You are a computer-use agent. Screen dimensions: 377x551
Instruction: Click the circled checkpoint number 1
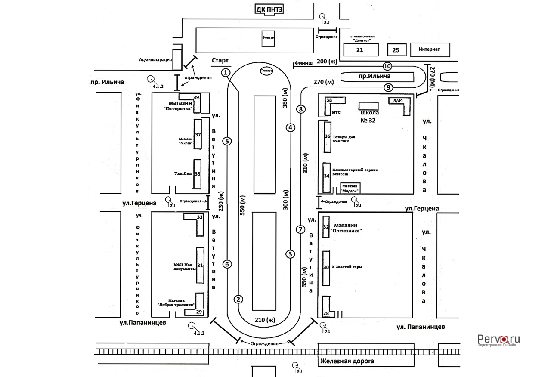pos(226,72)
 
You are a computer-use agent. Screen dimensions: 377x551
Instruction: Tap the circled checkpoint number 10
pos(387,66)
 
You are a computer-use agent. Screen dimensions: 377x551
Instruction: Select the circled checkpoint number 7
pos(300,229)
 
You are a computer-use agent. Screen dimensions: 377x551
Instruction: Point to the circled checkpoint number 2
pos(238,299)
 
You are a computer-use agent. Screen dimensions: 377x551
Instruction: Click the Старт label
pos(220,61)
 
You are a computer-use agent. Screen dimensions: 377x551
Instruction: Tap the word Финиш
pos(303,63)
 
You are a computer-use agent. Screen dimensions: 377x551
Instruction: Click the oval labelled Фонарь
pos(266,71)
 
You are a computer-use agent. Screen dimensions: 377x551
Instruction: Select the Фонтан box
pos(268,38)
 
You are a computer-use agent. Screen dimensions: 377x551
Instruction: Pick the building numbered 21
pos(360,50)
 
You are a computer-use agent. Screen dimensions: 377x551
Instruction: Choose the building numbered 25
pos(396,50)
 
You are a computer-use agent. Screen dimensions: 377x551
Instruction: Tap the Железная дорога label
pos(347,361)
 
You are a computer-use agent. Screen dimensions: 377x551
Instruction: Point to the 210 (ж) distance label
pos(265,320)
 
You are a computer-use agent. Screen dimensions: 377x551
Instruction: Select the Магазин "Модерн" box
pos(350,188)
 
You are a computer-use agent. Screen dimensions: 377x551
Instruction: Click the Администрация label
pos(155,60)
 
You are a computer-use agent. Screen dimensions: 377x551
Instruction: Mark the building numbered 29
pos(199,311)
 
